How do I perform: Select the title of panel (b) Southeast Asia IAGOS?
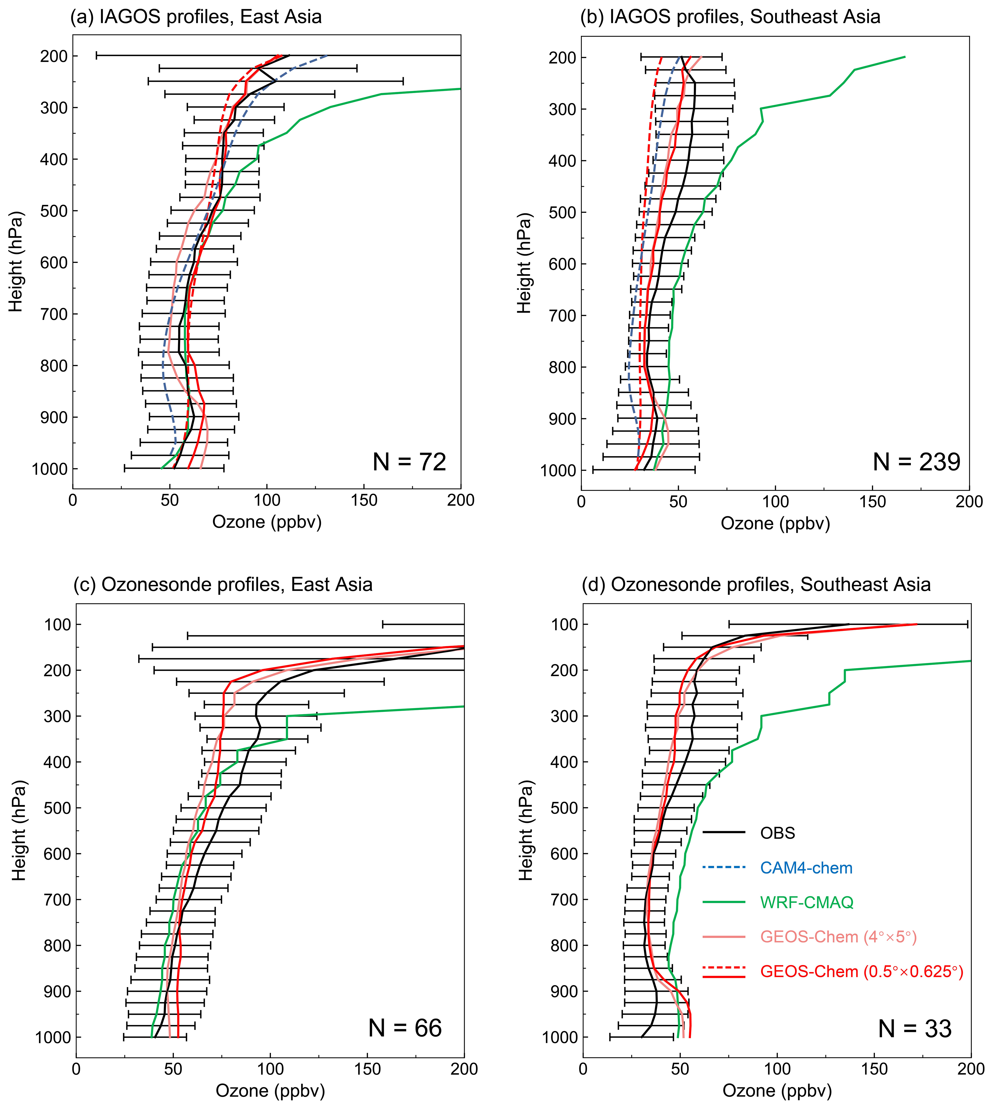click(x=730, y=17)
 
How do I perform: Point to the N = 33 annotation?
click(x=915, y=1029)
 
